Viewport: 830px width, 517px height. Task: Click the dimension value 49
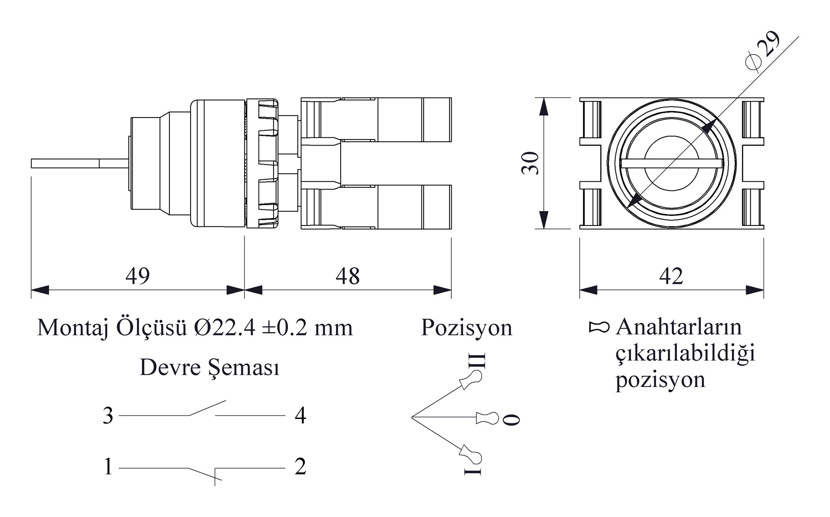tap(137, 276)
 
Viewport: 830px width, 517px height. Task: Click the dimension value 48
tap(348, 276)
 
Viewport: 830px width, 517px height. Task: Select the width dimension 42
tap(671, 276)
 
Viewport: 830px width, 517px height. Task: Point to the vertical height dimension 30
tap(530, 163)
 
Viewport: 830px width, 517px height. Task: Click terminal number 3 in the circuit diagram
tap(108, 416)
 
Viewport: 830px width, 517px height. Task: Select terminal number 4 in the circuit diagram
tap(300, 416)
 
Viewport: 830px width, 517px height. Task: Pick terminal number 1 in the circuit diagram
tap(108, 467)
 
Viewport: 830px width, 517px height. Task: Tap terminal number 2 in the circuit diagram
tap(300, 467)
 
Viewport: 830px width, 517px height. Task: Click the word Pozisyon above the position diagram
tap(466, 327)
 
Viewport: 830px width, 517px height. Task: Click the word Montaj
tap(73, 328)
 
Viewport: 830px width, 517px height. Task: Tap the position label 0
tap(513, 419)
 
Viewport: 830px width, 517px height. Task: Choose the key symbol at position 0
tap(487, 418)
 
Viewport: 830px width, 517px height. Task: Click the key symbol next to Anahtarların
tap(599, 327)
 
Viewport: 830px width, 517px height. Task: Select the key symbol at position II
tap(471, 380)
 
